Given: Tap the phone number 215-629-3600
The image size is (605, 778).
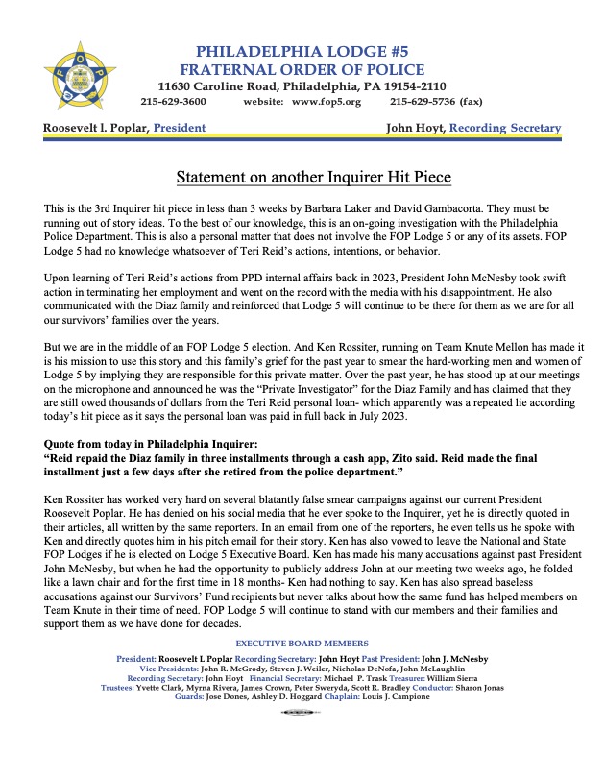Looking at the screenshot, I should [173, 101].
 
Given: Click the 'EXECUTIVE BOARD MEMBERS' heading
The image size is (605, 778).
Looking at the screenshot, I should [302, 642].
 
